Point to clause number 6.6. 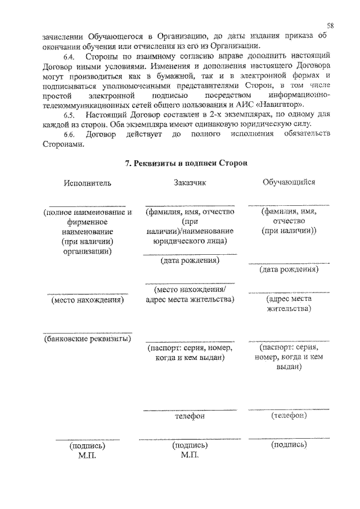(69, 134)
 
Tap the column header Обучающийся (289, 182)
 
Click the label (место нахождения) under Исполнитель (87, 300)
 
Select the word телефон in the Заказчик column (190, 417)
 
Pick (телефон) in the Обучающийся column (289, 416)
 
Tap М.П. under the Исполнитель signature (87, 454)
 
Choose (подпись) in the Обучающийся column (289, 444)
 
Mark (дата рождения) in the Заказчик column (190, 260)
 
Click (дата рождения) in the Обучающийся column (289, 269)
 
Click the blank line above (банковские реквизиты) (87, 332)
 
